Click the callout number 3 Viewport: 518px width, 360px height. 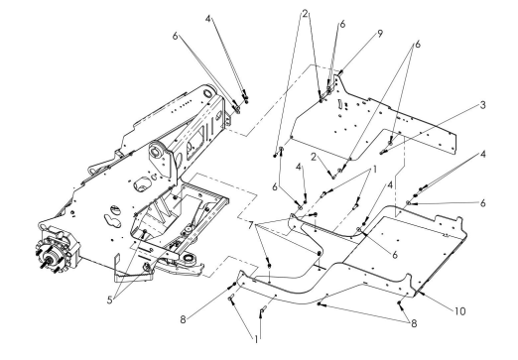tap(482, 105)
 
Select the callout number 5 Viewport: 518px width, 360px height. tap(110, 300)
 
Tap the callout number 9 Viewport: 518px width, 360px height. tap(380, 34)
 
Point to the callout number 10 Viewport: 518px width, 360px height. tap(459, 311)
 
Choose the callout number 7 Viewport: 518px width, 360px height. tap(251, 225)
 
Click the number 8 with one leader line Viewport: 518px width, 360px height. tap(183, 319)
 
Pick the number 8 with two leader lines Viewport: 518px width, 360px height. tap(414, 323)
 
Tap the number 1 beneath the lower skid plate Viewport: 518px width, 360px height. tap(256, 339)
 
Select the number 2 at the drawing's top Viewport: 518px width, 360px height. tap(305, 14)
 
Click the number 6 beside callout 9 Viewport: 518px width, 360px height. tap(342, 24)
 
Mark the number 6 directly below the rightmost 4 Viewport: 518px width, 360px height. tap(482, 203)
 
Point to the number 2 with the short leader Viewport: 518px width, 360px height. tap(314, 157)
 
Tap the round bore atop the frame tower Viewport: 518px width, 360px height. tap(207, 92)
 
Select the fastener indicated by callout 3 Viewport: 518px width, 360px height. tap(383, 152)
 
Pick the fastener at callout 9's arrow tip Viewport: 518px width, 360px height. tap(339, 72)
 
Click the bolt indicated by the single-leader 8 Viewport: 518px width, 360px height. tap(234, 284)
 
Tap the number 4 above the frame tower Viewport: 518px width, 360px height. tap(207, 19)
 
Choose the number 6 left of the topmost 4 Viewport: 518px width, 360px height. tap(176, 36)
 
